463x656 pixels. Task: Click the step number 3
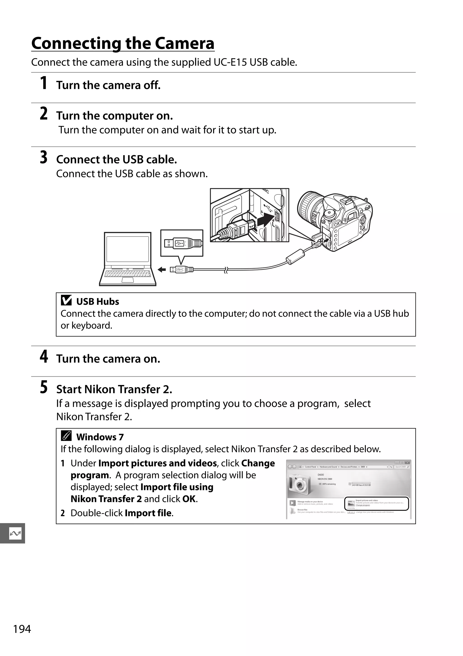[x=43, y=157]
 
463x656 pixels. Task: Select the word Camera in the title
[x=184, y=43]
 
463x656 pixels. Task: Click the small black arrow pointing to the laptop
[x=162, y=269]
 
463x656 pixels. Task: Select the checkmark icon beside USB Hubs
[x=66, y=301]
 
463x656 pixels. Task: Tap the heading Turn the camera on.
[x=108, y=359]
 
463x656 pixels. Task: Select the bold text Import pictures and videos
[x=157, y=463]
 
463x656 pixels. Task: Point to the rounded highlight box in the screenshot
[x=376, y=504]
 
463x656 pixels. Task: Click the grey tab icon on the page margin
[x=15, y=533]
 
